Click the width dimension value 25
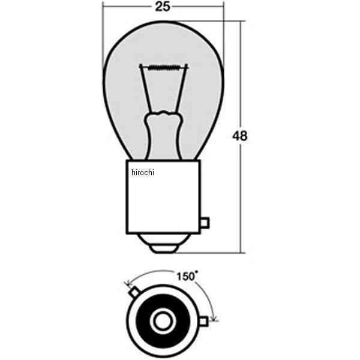point(163,7)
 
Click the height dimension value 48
point(239,136)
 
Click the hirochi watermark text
point(143,173)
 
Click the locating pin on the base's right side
point(204,223)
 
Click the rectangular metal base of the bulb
point(163,198)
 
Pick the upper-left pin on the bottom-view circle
point(135,292)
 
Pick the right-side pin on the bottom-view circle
point(203,322)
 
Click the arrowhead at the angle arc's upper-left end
point(127,283)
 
